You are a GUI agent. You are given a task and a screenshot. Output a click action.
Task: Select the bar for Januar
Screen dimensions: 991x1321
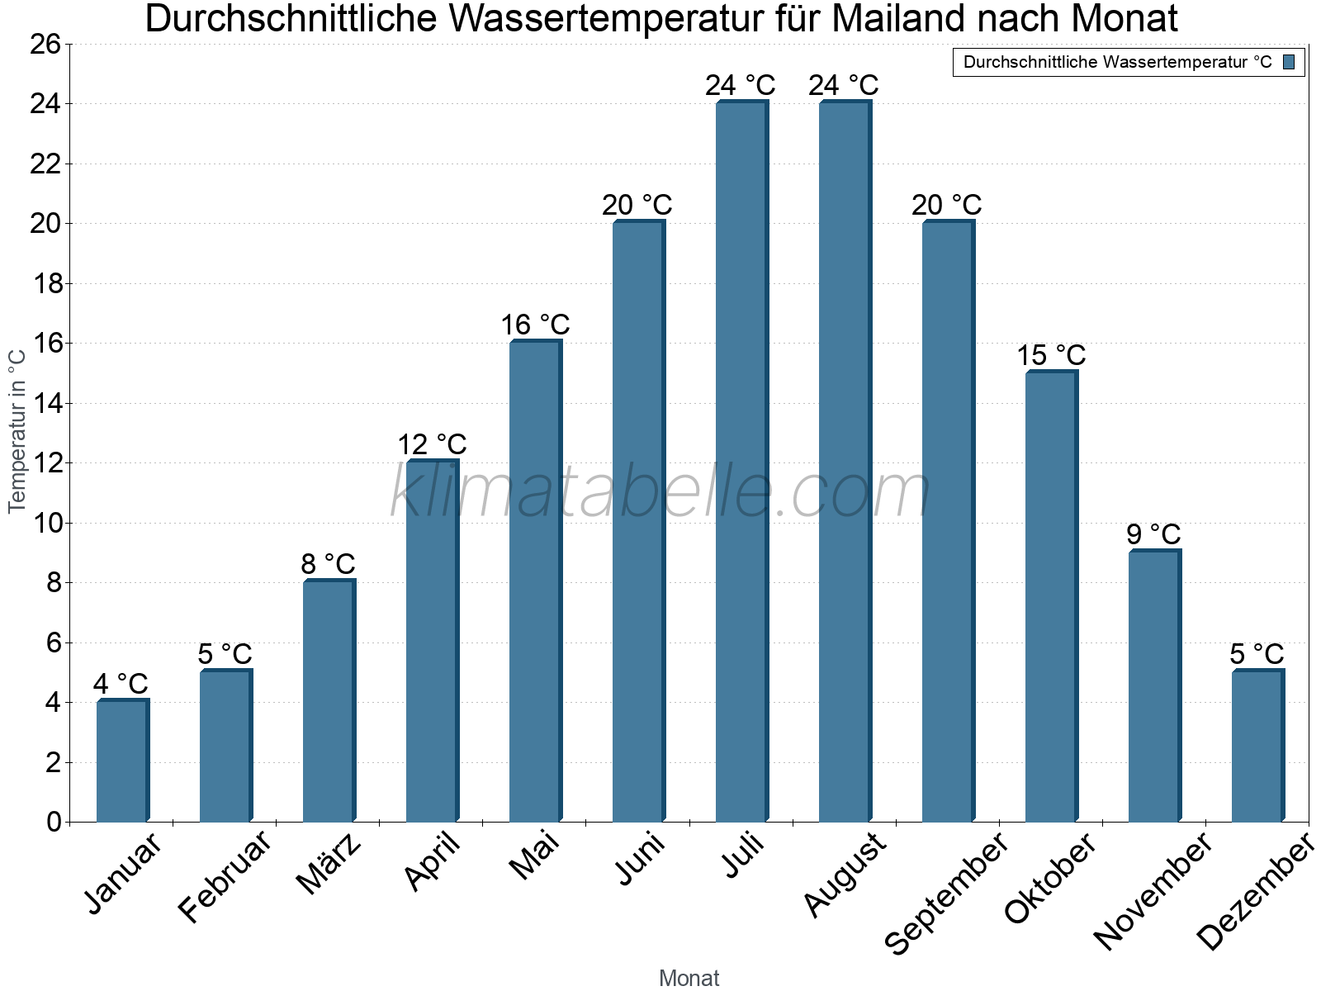pos(122,761)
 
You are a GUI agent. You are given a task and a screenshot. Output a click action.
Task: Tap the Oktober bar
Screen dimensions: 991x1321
pos(1051,596)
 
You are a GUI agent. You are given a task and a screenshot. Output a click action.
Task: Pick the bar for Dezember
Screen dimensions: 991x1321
pos(1257,746)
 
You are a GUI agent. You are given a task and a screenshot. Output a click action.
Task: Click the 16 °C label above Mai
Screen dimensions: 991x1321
pos(535,325)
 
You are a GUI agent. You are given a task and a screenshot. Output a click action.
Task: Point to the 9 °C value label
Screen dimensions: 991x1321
pos(1153,534)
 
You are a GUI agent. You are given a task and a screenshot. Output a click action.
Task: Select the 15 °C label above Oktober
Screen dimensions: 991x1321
pos(1050,355)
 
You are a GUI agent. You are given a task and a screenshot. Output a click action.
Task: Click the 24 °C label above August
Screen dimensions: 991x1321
pos(843,85)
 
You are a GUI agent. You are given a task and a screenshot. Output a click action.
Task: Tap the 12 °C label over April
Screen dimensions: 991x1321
pos(432,444)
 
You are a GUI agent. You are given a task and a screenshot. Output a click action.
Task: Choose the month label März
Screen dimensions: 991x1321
pos(329,864)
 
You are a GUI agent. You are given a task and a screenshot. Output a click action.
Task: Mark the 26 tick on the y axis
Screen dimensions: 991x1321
pos(45,44)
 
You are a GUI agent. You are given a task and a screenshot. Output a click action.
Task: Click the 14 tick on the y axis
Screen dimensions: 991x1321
pos(45,403)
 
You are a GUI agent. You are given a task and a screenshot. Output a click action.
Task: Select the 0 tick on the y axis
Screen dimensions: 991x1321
pos(54,822)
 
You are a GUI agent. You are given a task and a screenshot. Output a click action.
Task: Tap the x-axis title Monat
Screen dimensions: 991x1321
pos(689,978)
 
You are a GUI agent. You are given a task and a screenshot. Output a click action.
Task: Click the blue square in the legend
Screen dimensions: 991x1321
pos(1289,62)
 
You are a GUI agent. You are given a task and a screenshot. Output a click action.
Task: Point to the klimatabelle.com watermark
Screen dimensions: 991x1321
pos(660,492)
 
